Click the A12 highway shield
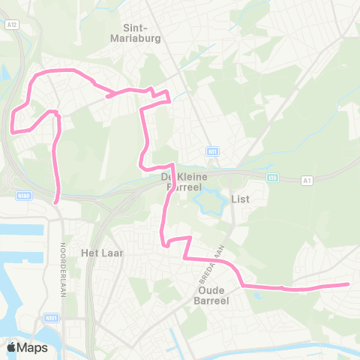11,24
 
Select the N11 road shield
214,151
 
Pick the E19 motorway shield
272,178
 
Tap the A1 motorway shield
307,180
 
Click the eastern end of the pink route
349,284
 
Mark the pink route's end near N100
58,201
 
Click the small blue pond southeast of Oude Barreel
257,293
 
